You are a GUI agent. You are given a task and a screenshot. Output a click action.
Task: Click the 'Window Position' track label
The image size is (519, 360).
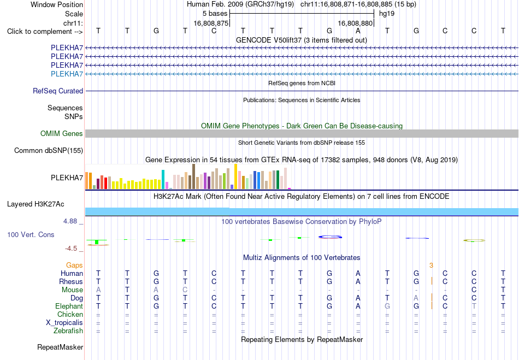[x=57, y=4]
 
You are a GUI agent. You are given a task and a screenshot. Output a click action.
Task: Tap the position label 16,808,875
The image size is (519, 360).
[x=211, y=23]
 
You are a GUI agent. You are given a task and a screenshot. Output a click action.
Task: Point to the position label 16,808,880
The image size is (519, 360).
[x=355, y=23]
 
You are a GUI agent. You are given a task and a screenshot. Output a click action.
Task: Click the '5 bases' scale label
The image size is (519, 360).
[x=215, y=14]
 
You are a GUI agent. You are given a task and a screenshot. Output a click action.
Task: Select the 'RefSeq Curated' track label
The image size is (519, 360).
[x=58, y=91]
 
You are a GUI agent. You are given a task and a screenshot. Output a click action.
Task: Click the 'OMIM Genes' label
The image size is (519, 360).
[x=62, y=133]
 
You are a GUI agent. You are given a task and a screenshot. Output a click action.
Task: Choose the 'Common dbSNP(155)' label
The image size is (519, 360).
[x=49, y=151]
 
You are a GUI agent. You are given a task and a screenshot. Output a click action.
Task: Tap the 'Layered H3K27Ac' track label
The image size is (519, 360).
[x=36, y=204]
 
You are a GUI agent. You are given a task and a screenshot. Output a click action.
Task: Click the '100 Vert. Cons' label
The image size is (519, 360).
[x=31, y=234]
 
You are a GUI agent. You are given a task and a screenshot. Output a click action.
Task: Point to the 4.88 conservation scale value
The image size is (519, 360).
[x=70, y=221]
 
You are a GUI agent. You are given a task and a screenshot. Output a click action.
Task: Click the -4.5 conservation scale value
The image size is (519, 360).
[x=71, y=249]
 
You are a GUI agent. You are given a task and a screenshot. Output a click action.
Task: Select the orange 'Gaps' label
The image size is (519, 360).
[x=74, y=265]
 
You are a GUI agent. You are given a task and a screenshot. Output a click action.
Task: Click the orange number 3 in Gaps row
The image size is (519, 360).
[x=431, y=265]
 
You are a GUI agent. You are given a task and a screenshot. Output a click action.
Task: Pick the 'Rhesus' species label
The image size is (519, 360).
[x=71, y=281]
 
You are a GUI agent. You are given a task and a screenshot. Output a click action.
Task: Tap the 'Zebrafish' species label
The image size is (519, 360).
[x=68, y=331]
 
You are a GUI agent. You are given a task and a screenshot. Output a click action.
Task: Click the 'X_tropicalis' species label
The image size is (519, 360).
[x=64, y=323]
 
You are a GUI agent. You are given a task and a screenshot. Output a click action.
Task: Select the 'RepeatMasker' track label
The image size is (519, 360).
[x=60, y=347]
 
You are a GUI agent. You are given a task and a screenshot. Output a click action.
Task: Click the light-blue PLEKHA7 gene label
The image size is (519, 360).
[x=67, y=74]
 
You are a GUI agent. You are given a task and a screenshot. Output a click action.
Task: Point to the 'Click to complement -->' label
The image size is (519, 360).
[x=45, y=32]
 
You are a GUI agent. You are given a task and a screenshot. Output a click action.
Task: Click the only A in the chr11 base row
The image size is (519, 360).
[x=358, y=31]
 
